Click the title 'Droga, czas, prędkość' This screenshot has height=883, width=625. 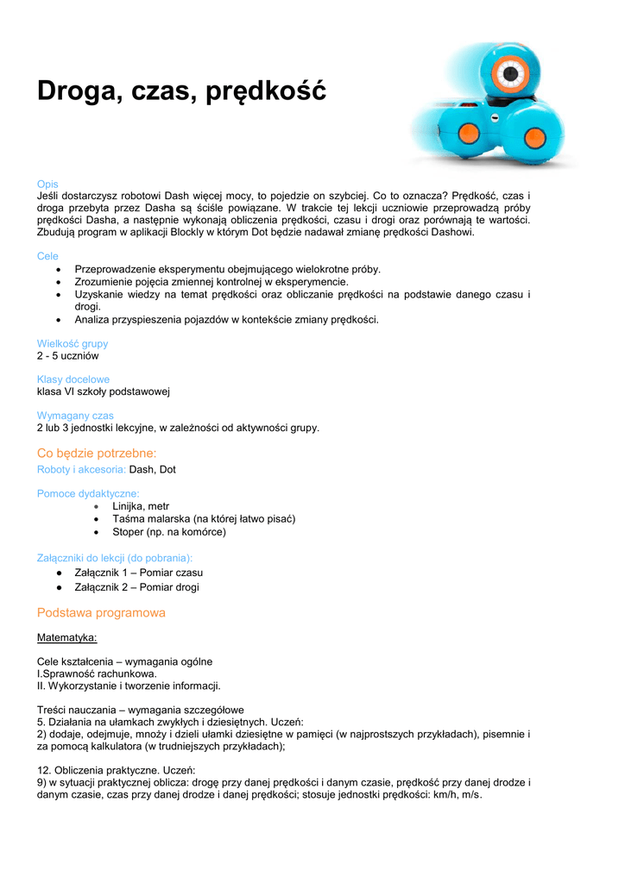[x=181, y=90]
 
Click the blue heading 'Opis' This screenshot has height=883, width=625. [x=47, y=184]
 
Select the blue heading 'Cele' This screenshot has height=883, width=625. [x=47, y=256]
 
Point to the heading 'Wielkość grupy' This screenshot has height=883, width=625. [x=73, y=343]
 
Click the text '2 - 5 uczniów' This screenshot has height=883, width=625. [x=67, y=355]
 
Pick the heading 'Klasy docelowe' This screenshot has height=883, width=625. [x=73, y=379]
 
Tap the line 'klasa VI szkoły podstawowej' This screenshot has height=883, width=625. [x=103, y=391]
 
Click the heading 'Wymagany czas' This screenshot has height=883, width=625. [x=75, y=416]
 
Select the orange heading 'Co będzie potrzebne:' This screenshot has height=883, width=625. [x=97, y=453]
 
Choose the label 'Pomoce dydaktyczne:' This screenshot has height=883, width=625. [x=88, y=493]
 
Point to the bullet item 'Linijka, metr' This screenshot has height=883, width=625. [x=141, y=506]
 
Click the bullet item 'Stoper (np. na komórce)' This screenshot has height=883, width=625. [x=169, y=532]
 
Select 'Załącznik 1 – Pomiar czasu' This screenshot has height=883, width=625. [x=139, y=573]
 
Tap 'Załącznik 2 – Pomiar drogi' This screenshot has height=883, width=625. [x=136, y=587]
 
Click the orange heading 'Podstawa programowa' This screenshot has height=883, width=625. [x=101, y=613]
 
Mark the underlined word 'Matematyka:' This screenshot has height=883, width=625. [x=67, y=638]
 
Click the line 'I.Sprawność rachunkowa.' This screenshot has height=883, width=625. [x=97, y=673]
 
